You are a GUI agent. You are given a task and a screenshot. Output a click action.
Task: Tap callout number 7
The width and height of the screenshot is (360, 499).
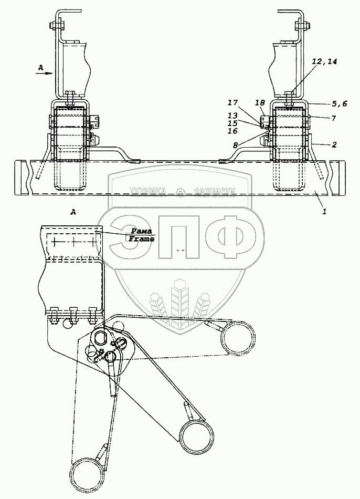pos(333,119)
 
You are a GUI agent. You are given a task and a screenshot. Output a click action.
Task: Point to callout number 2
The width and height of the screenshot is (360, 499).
pos(333,143)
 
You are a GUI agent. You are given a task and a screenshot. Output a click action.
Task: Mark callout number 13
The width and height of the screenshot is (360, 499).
pos(232,115)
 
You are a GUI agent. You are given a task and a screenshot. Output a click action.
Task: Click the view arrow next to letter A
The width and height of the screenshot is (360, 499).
pos(46,74)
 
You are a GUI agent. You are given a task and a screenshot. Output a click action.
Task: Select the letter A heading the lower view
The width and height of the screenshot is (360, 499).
pos(73,212)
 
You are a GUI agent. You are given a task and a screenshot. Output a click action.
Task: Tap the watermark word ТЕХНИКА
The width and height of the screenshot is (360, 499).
pos(148,192)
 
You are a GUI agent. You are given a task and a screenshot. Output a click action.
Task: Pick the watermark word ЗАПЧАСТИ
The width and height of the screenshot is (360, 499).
pos(215,192)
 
